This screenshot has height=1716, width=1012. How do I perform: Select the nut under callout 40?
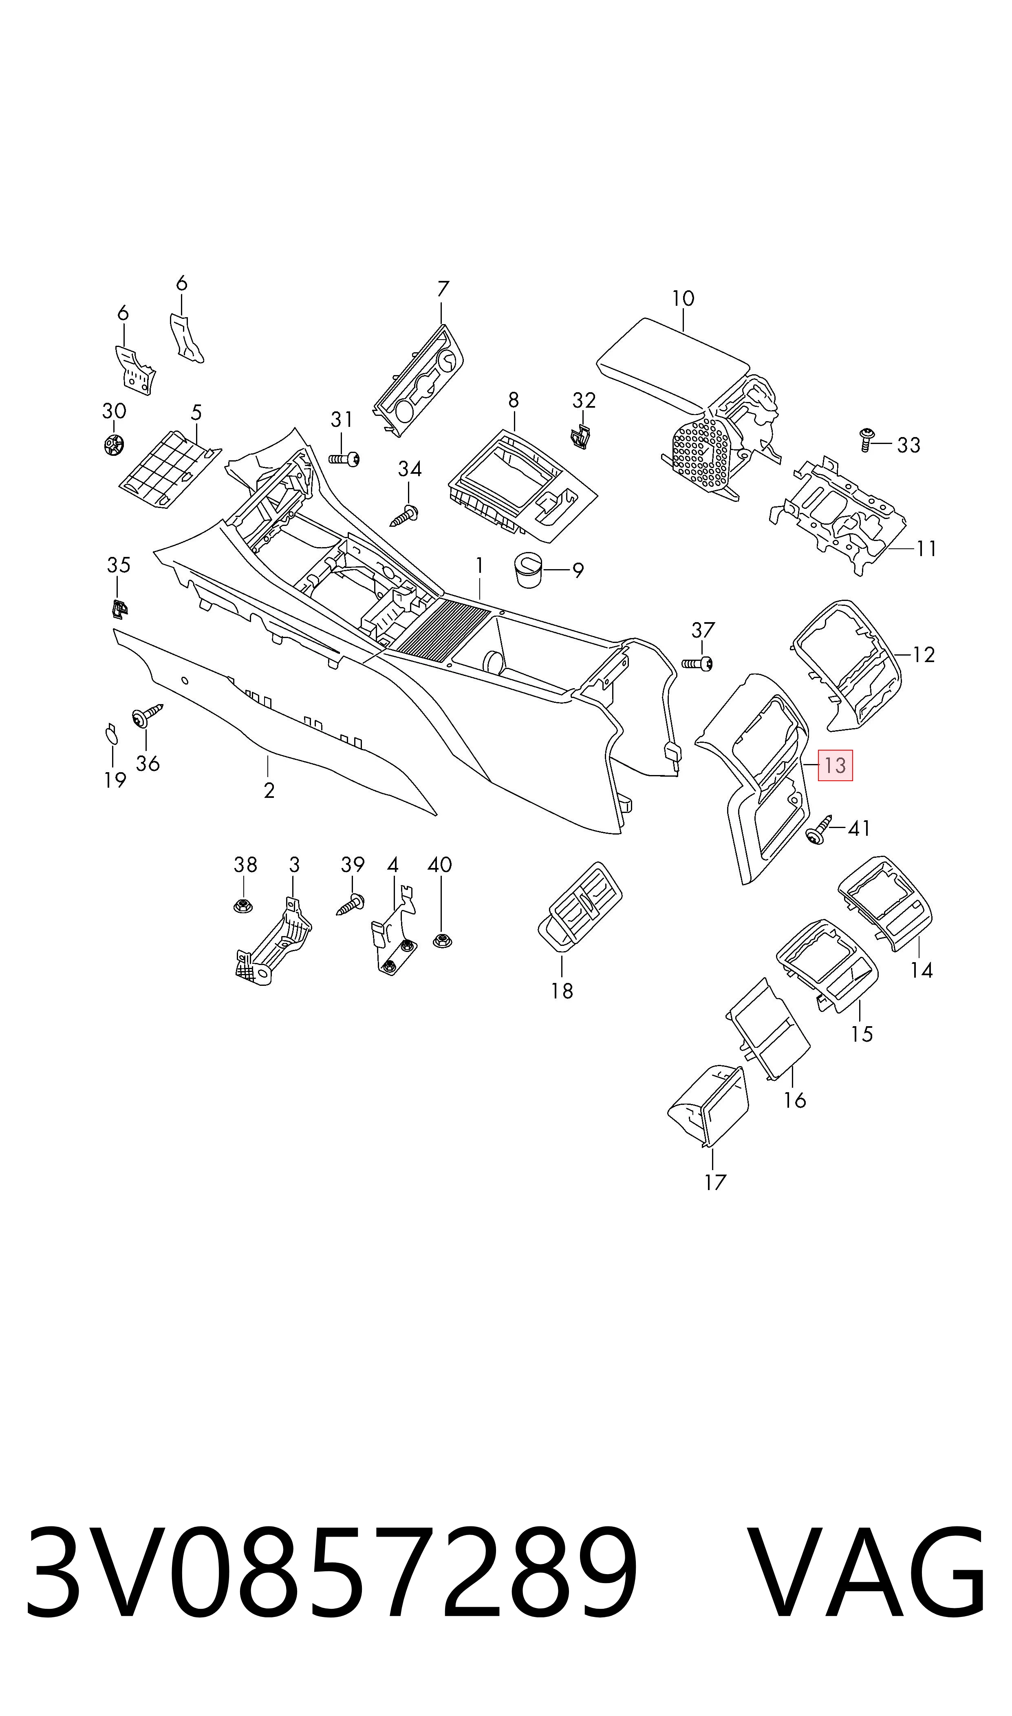point(443,941)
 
